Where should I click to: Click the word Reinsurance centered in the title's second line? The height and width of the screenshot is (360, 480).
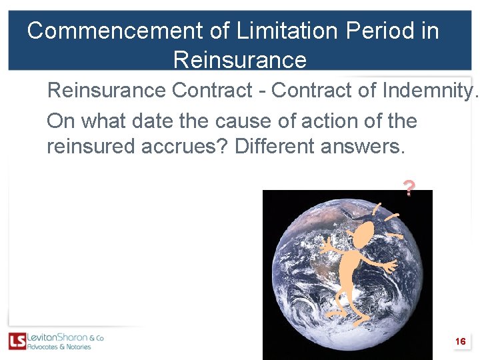click(x=240, y=60)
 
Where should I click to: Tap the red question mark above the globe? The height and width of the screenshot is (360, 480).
click(x=409, y=189)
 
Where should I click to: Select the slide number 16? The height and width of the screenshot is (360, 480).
click(x=460, y=341)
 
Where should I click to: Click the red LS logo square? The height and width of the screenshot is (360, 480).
click(x=17, y=341)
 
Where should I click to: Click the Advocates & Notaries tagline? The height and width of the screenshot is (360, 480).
click(x=59, y=347)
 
